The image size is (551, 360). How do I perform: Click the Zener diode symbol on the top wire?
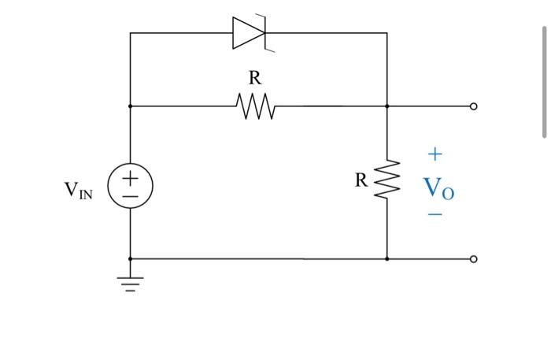pyautogui.click(x=250, y=33)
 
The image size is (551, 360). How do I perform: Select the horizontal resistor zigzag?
pyautogui.click(x=256, y=106)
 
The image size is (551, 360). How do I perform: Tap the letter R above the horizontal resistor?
pyautogui.click(x=255, y=78)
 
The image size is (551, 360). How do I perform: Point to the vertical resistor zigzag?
pyautogui.click(x=387, y=180)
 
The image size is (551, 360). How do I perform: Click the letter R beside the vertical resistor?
pyautogui.click(x=361, y=180)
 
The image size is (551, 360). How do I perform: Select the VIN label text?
pyautogui.click(x=78, y=190)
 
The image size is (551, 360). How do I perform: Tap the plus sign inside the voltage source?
pyautogui.click(x=130, y=177)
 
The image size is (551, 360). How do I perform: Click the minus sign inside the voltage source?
pyautogui.click(x=130, y=196)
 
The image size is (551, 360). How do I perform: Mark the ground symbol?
pyautogui.click(x=130, y=284)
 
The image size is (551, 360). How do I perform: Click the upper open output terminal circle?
pyautogui.click(x=473, y=106)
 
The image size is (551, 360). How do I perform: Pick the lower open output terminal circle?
pyautogui.click(x=473, y=259)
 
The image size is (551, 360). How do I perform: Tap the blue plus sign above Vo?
pyautogui.click(x=435, y=154)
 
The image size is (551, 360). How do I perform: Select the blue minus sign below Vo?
pyautogui.click(x=435, y=214)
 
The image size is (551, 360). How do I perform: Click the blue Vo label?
pyautogui.click(x=438, y=188)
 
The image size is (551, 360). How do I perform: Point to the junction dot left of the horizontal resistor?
pyautogui.click(x=130, y=106)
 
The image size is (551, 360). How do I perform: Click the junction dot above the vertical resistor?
pyautogui.click(x=387, y=106)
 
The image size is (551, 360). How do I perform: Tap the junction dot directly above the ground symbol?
pyautogui.click(x=130, y=259)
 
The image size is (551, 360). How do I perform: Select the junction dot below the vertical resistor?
pyautogui.click(x=387, y=259)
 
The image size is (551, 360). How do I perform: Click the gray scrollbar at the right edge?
pyautogui.click(x=544, y=82)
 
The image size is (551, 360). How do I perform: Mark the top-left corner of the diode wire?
pyautogui.click(x=130, y=33)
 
